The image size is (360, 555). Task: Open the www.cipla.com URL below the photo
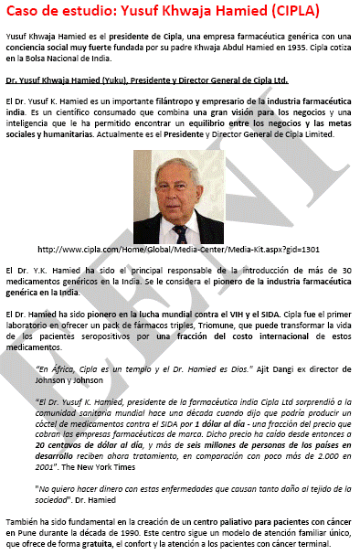pyautogui.click(x=177, y=249)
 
